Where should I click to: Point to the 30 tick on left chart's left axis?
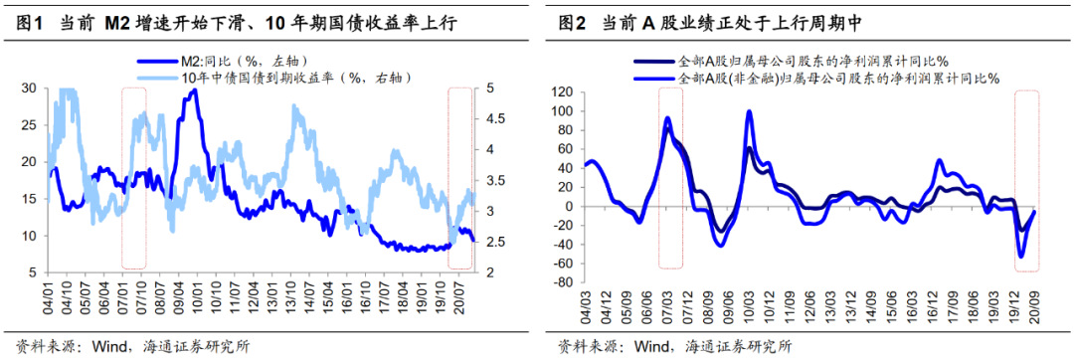point(28,89)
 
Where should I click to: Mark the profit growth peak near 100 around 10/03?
point(749,111)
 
